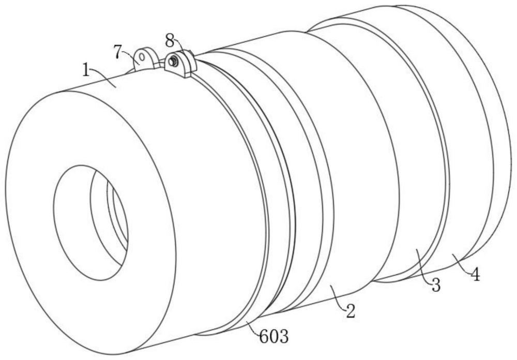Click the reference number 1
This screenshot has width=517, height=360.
point(86,70)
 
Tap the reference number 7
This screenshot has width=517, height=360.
point(118,52)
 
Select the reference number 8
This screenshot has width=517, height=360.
point(170,41)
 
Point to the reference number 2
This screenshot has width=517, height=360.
point(350,311)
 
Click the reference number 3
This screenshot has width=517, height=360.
point(436,285)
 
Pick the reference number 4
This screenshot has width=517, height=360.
point(475,275)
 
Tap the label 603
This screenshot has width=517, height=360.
point(274,337)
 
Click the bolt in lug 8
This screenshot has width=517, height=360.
point(173,61)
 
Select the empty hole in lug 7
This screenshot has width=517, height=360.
point(142,57)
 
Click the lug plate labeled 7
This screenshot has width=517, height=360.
point(144,59)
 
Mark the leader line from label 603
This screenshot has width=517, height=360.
point(253,328)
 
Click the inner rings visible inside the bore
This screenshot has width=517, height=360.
point(117,215)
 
